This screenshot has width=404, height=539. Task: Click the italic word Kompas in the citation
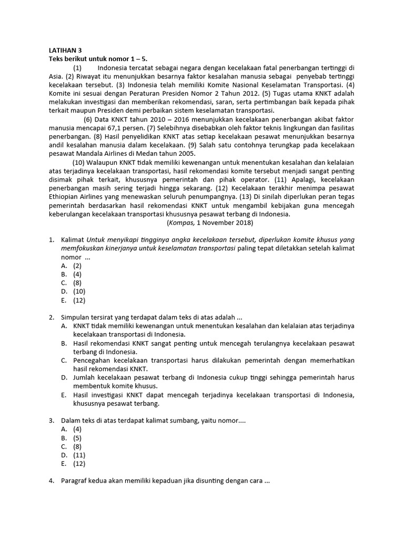(181, 223)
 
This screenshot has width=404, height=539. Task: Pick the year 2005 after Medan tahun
(171, 153)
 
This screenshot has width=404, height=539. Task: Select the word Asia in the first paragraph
(56, 76)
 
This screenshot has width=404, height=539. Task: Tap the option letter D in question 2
(64, 378)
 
